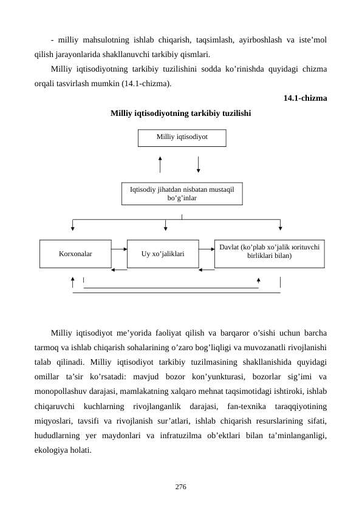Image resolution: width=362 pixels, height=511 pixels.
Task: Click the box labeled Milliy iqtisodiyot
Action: pos(182,138)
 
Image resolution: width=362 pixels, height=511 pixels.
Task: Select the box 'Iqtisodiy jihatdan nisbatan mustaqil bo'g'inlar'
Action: pos(182,194)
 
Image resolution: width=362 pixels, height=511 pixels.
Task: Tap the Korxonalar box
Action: pos(75,254)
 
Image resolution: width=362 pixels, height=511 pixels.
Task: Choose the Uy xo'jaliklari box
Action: pos(163,254)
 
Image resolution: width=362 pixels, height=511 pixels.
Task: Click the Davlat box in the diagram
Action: pos(269,253)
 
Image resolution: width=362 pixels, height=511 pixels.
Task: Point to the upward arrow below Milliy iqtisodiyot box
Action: pos(160,164)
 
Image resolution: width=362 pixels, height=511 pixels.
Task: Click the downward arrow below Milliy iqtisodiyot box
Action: pos(199,164)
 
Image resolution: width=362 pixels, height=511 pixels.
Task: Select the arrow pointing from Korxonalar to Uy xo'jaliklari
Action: pos(119,248)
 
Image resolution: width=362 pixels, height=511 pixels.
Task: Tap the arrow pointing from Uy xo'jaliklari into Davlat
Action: pos(207,248)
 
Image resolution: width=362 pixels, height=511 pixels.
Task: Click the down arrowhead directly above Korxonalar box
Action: pos(73,228)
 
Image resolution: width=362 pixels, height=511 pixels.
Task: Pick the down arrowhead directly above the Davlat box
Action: pos(280,228)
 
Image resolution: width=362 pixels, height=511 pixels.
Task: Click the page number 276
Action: pos(181,487)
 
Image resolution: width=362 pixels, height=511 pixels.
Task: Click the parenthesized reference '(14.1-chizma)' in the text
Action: pos(149,83)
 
